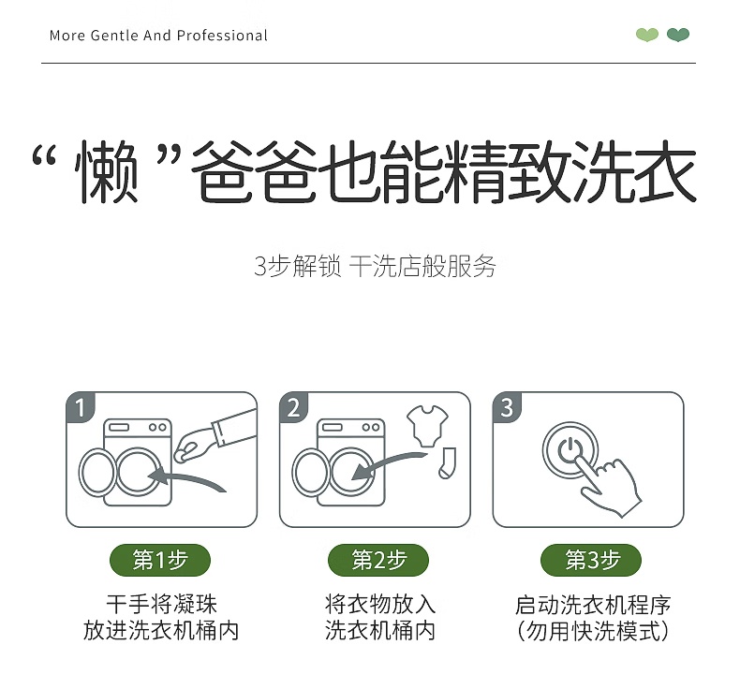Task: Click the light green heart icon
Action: (x=647, y=35)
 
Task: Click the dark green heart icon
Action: (x=678, y=35)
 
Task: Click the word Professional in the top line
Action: (x=222, y=36)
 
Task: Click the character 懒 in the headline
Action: (x=107, y=171)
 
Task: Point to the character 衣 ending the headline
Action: (x=664, y=170)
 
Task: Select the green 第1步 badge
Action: (x=160, y=561)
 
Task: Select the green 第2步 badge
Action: (x=378, y=561)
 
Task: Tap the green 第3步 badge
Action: (x=591, y=561)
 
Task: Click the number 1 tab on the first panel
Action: (x=81, y=407)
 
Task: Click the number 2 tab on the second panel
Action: (x=293, y=407)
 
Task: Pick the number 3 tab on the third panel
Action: (x=507, y=407)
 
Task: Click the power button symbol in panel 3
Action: (x=570, y=449)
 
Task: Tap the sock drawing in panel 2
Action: (x=447, y=463)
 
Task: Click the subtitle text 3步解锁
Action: (x=297, y=267)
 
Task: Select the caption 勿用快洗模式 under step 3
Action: (x=593, y=631)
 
